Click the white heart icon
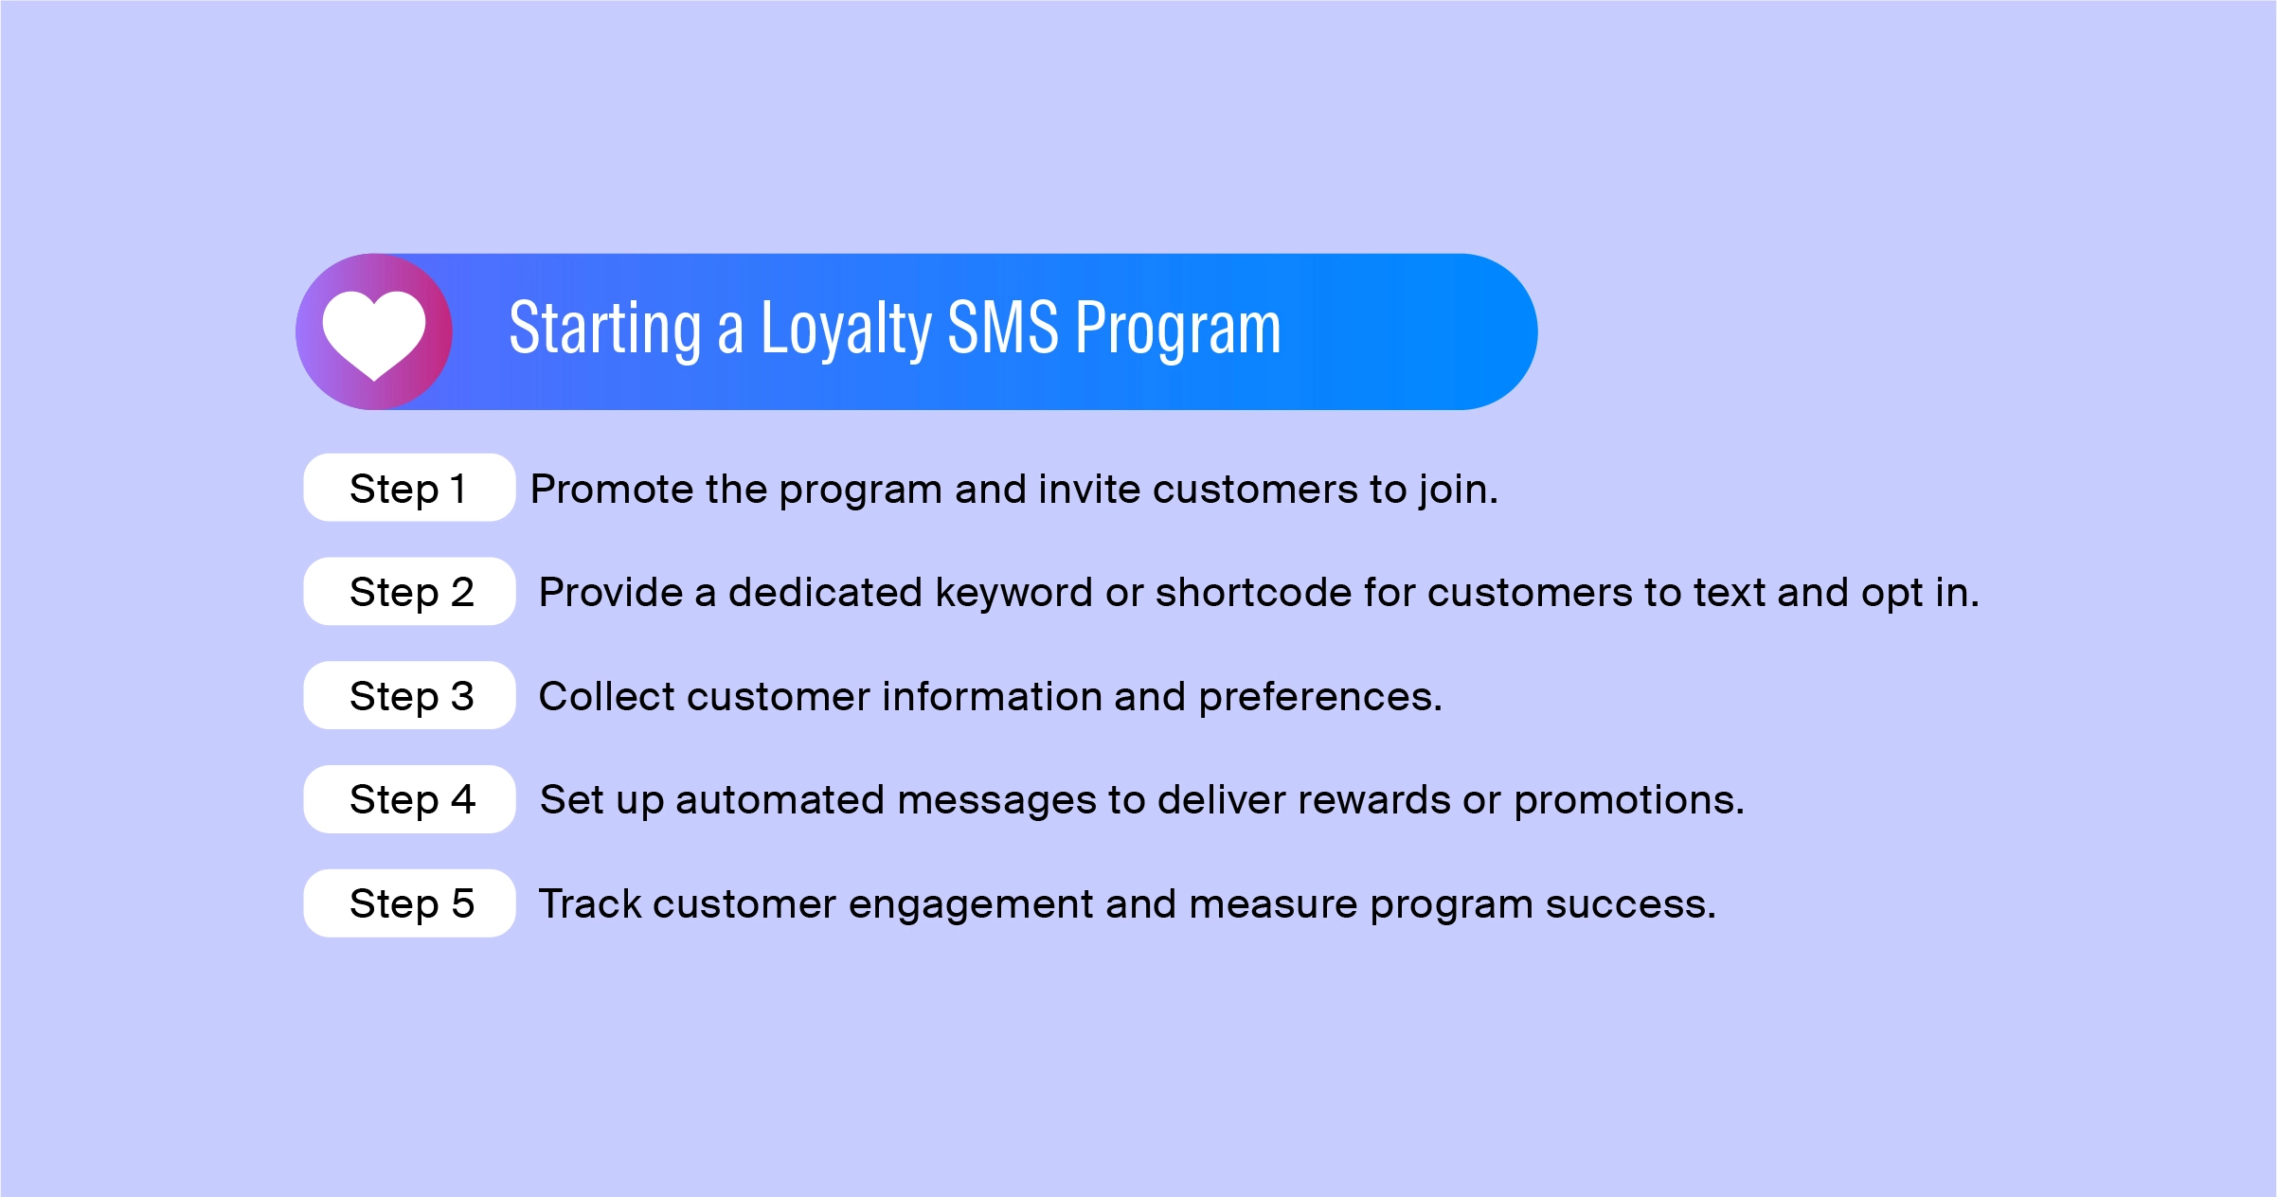374,334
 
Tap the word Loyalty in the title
846,330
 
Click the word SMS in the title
1003,328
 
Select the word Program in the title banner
1178,330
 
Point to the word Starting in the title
605,330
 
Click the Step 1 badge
409,488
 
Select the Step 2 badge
409,591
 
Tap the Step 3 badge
409,695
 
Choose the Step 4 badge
409,799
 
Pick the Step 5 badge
409,903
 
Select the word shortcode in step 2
1253,593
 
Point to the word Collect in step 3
606,697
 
